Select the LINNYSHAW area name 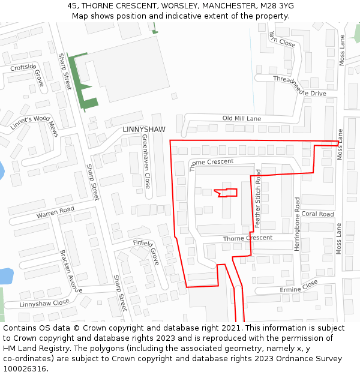(x=143, y=130)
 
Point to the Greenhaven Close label (x=146, y=161)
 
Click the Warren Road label (x=55, y=212)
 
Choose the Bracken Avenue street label (x=71, y=271)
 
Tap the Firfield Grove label (x=146, y=251)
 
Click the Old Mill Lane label (x=242, y=119)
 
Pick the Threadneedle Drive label (x=299, y=86)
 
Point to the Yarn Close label (x=282, y=39)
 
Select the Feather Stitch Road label (x=258, y=198)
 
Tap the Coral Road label (x=317, y=214)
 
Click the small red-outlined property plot (x=226, y=193)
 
